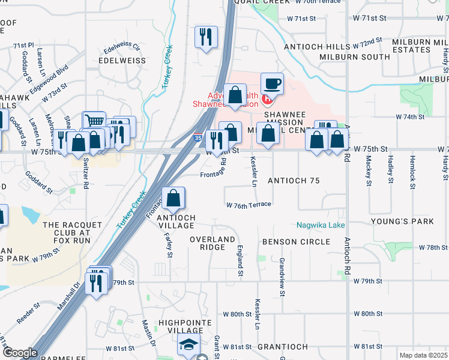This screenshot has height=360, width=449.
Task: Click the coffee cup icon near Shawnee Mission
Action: click(271, 82)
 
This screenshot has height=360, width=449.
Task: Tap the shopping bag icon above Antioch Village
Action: click(173, 197)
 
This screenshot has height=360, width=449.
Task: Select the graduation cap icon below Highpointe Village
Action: click(188, 346)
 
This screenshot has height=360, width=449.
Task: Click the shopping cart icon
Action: click(94, 121)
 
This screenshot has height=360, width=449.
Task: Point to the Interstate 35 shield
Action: click(198, 139)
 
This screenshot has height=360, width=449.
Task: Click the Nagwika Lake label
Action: click(321, 225)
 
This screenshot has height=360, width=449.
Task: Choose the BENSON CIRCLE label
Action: click(296, 242)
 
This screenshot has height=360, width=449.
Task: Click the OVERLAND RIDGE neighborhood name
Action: click(212, 243)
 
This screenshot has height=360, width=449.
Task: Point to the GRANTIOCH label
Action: click(282, 347)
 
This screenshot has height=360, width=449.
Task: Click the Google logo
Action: click(20, 353)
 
